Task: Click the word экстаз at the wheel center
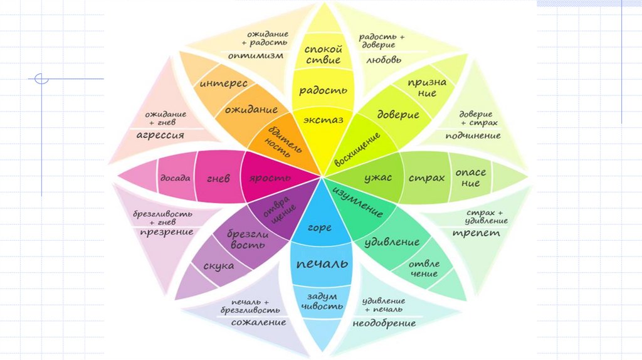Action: pos(323,120)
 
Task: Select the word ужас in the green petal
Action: pos(378,177)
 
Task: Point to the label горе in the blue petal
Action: pos(320,228)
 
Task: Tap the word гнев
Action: pos(218,178)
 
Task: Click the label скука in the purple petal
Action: pos(219,266)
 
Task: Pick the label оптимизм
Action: pos(255,55)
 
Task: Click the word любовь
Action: pos(383,60)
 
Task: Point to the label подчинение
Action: pos(473,135)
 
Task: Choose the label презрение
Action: pos(163,232)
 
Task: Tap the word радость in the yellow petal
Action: pos(323,90)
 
